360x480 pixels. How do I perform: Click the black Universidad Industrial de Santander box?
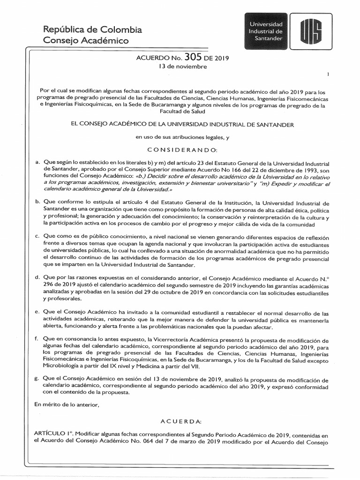tap(266, 30)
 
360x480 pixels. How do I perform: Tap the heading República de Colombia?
tap(92, 30)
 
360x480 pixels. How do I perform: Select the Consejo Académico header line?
tap(85, 41)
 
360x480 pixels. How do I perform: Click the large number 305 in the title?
tap(193, 58)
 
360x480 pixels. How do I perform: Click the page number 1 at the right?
tap(328, 75)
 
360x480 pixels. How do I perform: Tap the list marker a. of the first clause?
tap(37, 161)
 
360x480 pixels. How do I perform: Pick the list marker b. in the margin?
tap(37, 201)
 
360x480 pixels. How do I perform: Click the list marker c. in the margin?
tap(37, 235)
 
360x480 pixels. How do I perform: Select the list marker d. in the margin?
tap(37, 277)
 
